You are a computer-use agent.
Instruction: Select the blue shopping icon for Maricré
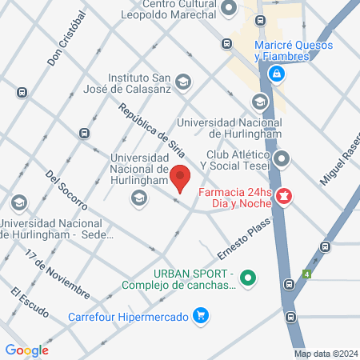(x=277, y=74)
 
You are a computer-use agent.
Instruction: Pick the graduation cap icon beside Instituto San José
(x=184, y=82)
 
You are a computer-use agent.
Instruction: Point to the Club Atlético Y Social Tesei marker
(x=281, y=159)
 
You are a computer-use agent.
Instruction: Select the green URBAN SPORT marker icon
(x=248, y=278)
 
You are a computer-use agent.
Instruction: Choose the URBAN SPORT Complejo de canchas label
(x=178, y=280)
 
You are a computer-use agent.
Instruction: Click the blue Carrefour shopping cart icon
(x=202, y=316)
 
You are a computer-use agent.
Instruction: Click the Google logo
(x=26, y=350)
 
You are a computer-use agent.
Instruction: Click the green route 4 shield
(x=306, y=274)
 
